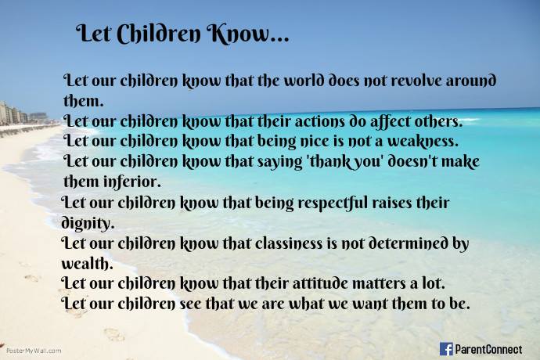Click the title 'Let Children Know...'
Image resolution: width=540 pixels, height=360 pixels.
point(182,35)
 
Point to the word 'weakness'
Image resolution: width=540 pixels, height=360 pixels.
point(422,142)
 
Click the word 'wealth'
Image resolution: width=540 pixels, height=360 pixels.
point(87,262)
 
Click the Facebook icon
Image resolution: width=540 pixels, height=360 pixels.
point(447,348)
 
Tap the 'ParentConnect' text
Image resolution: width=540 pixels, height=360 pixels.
point(489,348)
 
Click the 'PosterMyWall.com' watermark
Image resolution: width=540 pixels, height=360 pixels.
point(34,351)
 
